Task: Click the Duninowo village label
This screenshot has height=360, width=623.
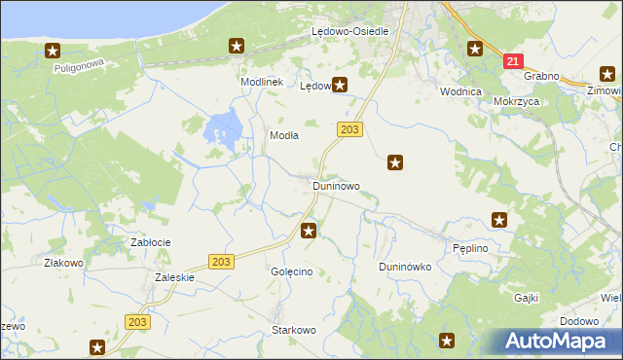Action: click(x=336, y=185)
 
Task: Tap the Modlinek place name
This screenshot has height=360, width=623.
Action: click(x=261, y=83)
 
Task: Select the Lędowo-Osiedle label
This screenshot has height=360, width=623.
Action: click(x=349, y=31)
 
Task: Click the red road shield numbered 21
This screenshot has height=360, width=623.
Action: click(x=513, y=61)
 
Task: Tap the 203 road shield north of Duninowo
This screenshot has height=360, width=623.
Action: click(x=351, y=129)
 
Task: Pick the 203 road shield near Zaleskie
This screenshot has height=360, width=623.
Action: click(x=221, y=261)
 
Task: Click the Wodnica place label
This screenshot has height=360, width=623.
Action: click(x=460, y=91)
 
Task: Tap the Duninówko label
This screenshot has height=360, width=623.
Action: click(x=405, y=267)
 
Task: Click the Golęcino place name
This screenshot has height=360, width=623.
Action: click(x=291, y=271)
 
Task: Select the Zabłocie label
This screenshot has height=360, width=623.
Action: click(x=151, y=241)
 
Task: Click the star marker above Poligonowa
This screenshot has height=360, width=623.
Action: click(x=53, y=51)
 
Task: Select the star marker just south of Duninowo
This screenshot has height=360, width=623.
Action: click(x=309, y=231)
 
